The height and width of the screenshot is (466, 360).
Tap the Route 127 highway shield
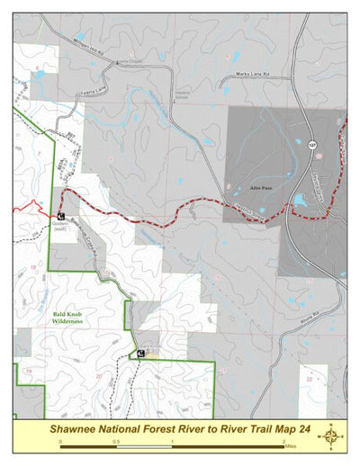point(312,145)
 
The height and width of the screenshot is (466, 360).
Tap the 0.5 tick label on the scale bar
point(116,442)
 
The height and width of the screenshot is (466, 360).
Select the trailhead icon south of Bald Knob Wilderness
point(141,354)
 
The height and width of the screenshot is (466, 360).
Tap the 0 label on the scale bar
point(61,442)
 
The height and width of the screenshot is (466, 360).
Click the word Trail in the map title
point(238,429)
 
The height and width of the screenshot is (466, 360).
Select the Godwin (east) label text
point(61,228)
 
